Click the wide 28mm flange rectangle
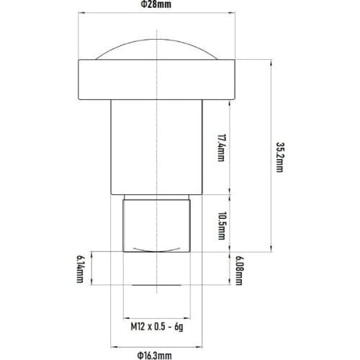(x=157, y=80)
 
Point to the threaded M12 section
(x=157, y=223)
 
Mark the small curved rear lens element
(x=157, y=249)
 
